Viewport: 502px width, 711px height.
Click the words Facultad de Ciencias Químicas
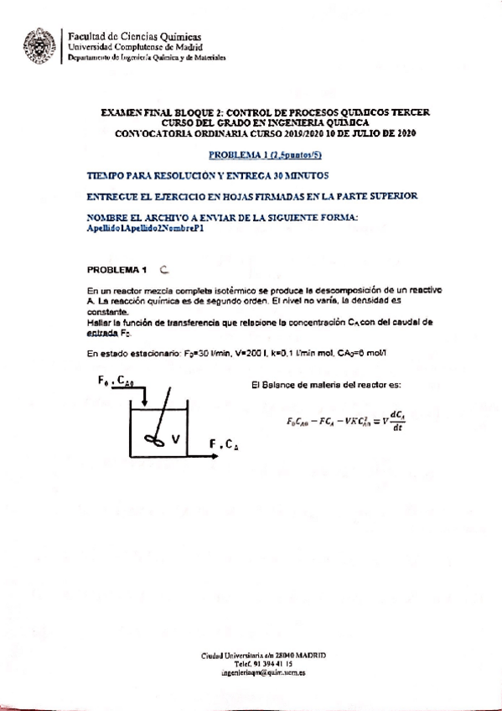click(x=134, y=37)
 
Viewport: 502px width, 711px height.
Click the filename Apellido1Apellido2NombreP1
click(x=146, y=227)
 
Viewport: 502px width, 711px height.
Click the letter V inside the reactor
click(x=175, y=438)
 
